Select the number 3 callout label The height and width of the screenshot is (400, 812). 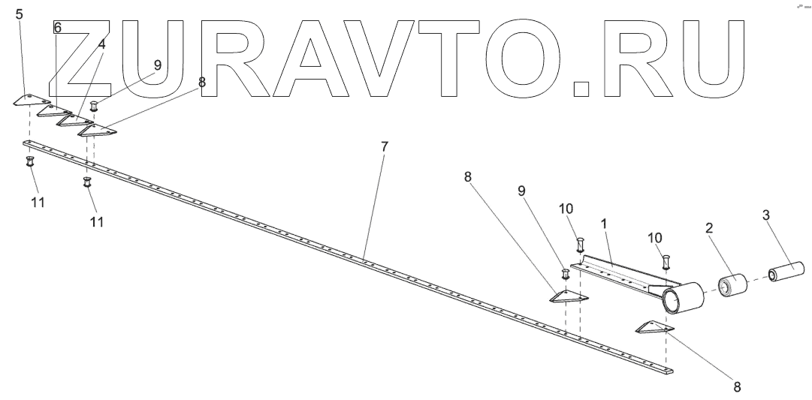pyautogui.click(x=765, y=215)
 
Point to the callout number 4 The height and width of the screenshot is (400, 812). pyautogui.click(x=101, y=45)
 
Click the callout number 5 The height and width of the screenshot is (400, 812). pyautogui.click(x=20, y=14)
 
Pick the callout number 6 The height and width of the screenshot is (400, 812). pyautogui.click(x=58, y=28)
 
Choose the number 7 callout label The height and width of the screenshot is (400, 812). pyautogui.click(x=384, y=146)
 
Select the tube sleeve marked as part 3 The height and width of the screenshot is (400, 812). pyautogui.click(x=786, y=269)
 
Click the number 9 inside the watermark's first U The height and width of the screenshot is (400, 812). pyautogui.click(x=158, y=65)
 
